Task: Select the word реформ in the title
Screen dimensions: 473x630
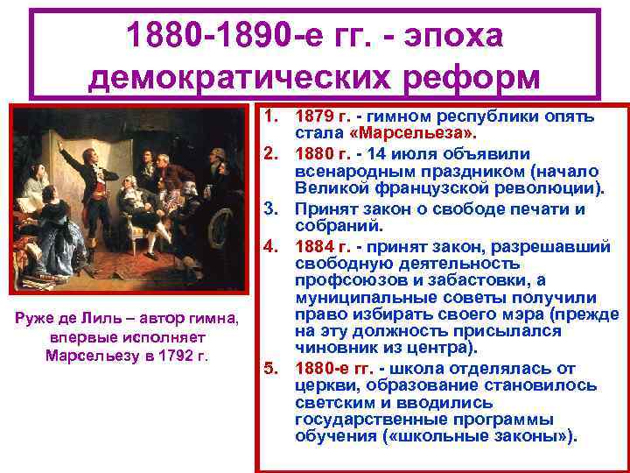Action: coord(480,79)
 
